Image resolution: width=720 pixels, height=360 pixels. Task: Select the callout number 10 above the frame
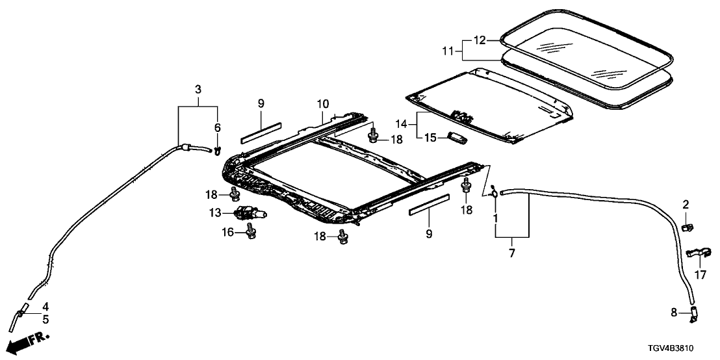click(x=323, y=103)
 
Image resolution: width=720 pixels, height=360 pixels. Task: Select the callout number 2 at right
click(x=685, y=206)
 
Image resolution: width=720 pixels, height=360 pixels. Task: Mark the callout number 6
click(x=217, y=127)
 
